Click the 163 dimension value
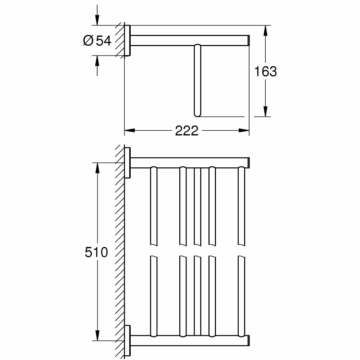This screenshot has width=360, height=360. tap(265, 71)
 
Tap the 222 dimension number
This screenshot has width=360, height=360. tap(186, 131)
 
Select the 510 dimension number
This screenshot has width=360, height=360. tap(96, 252)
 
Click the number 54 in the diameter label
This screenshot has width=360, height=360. tap(103, 41)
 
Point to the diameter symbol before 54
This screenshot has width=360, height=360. tap(88, 41)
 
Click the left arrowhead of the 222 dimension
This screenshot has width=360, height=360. tap(130, 130)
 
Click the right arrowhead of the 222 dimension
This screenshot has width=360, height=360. tap(244, 130)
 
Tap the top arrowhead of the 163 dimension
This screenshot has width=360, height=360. tap(265, 30)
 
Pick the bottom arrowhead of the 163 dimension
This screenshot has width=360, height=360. tap(265, 111)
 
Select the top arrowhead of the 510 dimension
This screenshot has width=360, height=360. tap(97, 168)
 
